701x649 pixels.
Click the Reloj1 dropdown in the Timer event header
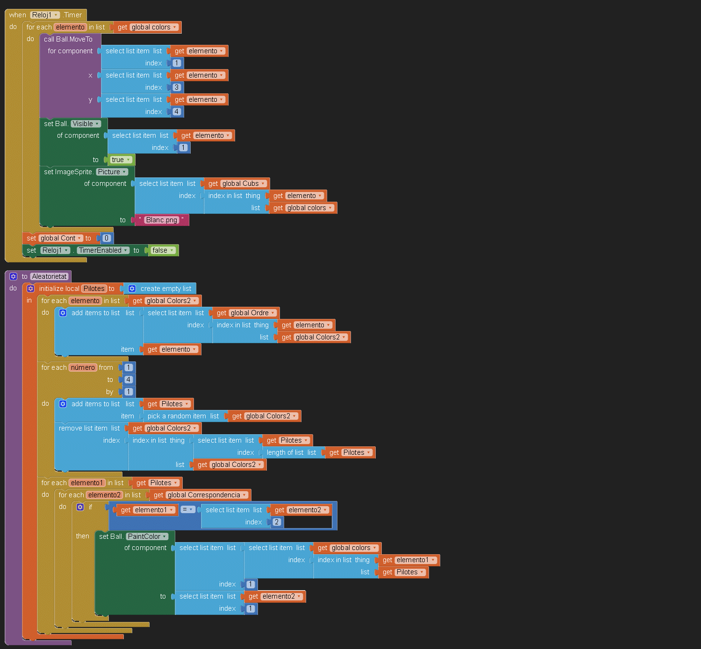[45, 15]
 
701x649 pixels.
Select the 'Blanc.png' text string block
[161, 220]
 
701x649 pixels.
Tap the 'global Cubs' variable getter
[243, 183]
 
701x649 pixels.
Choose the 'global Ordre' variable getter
[252, 313]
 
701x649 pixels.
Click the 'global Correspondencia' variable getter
[206, 495]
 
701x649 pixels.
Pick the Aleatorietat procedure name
[50, 276]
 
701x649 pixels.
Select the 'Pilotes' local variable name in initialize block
[94, 289]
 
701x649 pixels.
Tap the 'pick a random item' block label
[177, 416]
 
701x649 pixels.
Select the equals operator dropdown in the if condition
[187, 509]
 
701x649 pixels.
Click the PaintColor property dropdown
[147, 536]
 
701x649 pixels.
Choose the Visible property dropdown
[86, 124]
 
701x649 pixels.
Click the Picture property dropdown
[112, 172]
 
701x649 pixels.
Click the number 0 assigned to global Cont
[107, 238]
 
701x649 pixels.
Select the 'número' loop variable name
[83, 367]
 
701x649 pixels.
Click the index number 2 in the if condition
[277, 522]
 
